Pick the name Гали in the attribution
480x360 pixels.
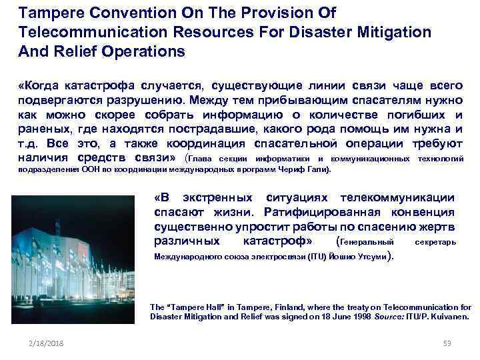click(x=315, y=170)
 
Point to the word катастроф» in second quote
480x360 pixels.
click(x=277, y=241)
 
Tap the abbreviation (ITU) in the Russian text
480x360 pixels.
click(x=317, y=257)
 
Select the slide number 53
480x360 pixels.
click(x=447, y=343)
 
